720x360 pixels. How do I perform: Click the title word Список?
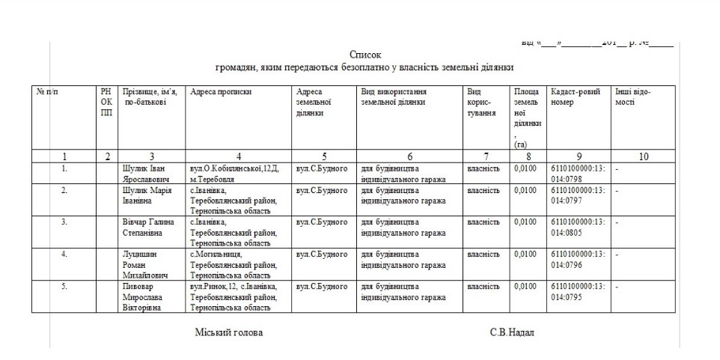365,55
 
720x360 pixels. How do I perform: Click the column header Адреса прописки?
221,92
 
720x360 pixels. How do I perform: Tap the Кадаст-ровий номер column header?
575,97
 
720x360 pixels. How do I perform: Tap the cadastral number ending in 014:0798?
577,174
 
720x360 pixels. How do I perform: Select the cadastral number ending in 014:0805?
577,228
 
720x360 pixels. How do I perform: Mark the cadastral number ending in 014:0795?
577,292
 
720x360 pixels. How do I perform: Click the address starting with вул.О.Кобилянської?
234,174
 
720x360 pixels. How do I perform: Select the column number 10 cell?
643,157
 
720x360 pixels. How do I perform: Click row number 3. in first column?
64,222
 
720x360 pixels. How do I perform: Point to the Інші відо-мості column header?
633,97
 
